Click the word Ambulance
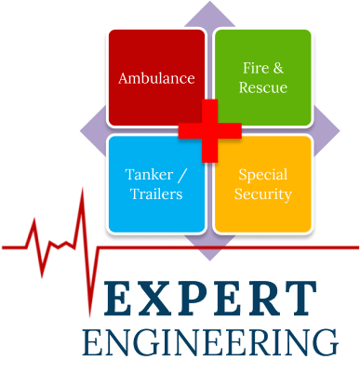156,78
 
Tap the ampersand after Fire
278,68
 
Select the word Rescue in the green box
263,87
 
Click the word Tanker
149,175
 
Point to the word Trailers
156,193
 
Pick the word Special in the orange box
263,176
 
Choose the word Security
263,194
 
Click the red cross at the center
210,130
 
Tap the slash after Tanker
182,176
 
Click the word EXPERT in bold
210,298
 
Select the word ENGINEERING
210,342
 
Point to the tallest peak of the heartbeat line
83,188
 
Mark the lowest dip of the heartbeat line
90,317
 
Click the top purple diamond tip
210,1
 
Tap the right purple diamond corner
340,130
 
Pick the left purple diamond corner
81,130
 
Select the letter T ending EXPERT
300,298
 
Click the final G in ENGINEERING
326,342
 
